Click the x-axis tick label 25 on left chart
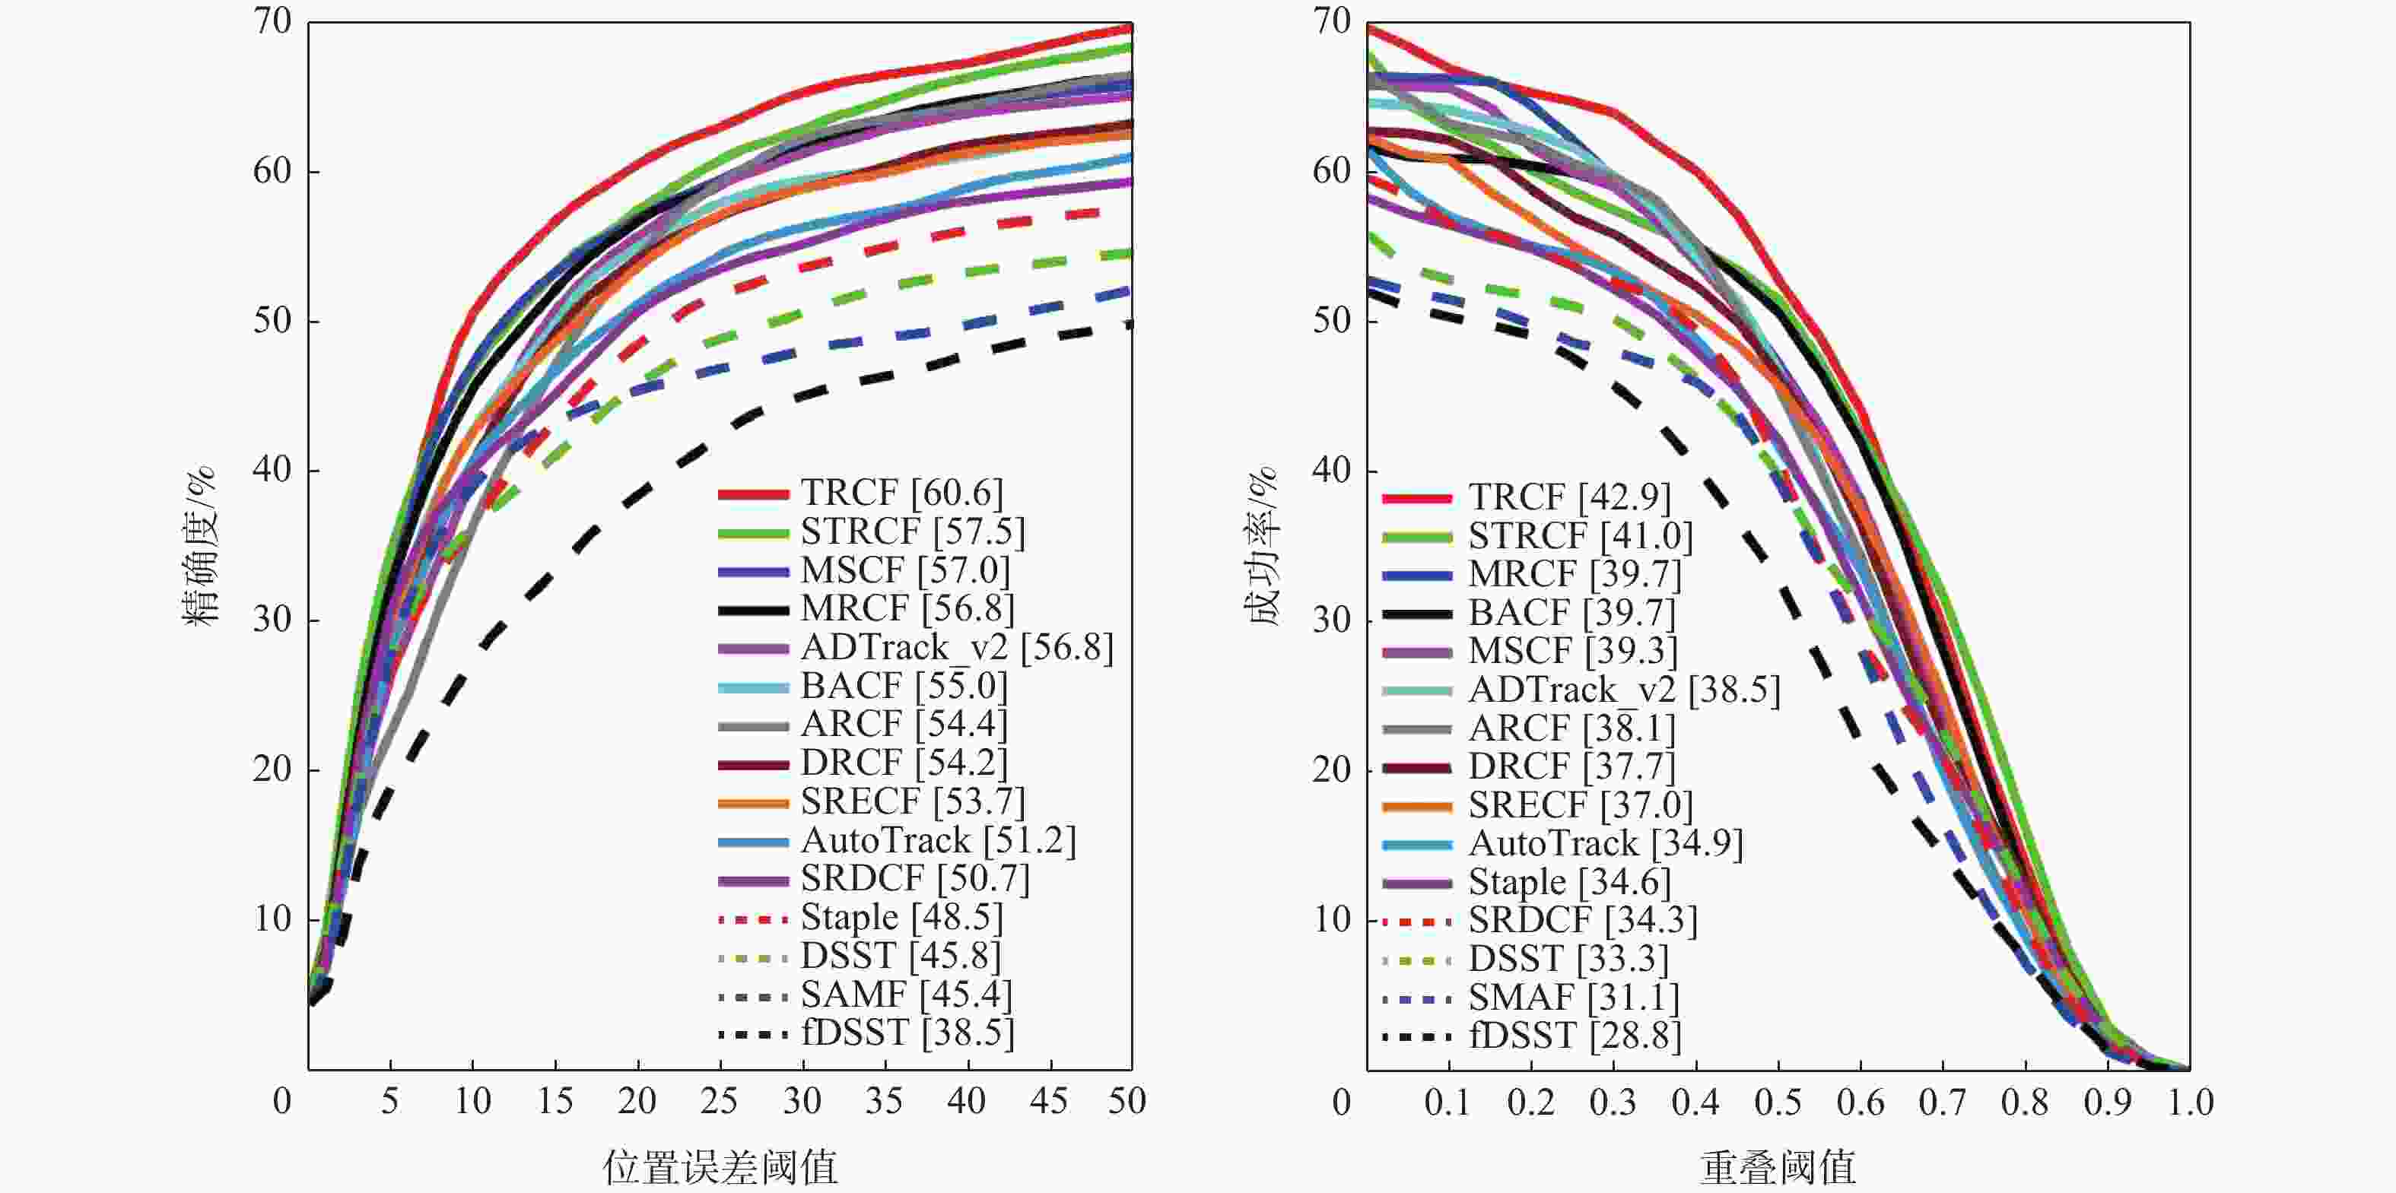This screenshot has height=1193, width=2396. (719, 1102)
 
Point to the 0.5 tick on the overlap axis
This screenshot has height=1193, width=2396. (1778, 1103)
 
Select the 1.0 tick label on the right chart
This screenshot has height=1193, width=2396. (2190, 1103)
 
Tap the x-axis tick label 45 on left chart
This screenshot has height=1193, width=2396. (1049, 1102)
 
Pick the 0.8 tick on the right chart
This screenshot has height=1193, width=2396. (2025, 1103)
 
